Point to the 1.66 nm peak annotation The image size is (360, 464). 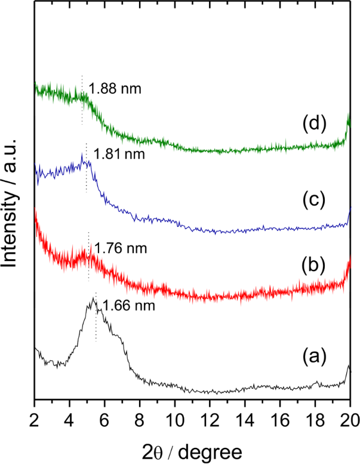[x=129, y=307]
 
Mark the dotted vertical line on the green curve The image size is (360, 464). [x=82, y=102]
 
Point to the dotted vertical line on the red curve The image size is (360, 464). [x=88, y=256]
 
